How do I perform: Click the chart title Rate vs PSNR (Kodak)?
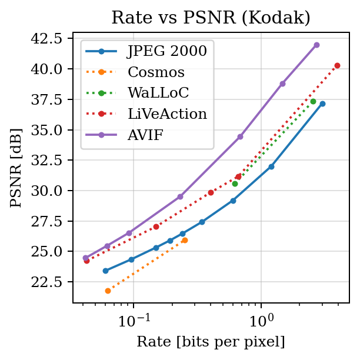pyautogui.click(x=211, y=18)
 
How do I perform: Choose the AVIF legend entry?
pyautogui.click(x=147, y=135)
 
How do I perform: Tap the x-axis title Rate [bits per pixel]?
pyautogui.click(x=211, y=342)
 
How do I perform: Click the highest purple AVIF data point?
pyautogui.click(x=316, y=45)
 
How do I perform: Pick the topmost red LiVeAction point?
pyautogui.click(x=337, y=65)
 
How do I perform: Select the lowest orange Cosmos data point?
pyautogui.click(x=108, y=291)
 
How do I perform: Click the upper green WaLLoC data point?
pyautogui.click(x=313, y=101)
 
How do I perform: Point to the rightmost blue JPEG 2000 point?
pyautogui.click(x=322, y=104)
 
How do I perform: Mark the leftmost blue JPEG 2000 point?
pyautogui.click(x=105, y=271)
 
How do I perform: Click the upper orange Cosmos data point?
pyautogui.click(x=185, y=240)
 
